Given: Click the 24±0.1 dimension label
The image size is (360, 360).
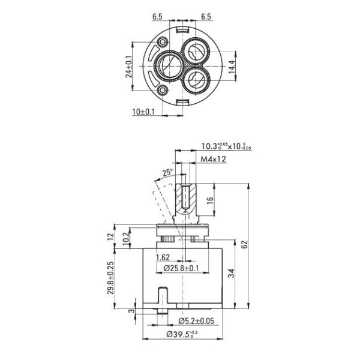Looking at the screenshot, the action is point(129,67).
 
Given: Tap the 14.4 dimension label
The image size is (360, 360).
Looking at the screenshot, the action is point(232,67).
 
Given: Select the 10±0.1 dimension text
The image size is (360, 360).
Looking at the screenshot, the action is point(143,112).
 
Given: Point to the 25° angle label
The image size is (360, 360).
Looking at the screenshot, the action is point(167,172).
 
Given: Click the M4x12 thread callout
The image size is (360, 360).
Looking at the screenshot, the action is point(213,159).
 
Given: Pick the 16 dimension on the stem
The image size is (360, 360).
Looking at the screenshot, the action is point(210,200).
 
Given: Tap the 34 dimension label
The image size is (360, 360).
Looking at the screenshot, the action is point(232,273).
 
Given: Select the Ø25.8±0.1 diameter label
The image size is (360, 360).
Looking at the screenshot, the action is point(181,268).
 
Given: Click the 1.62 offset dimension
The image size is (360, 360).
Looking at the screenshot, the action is point(163,257).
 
